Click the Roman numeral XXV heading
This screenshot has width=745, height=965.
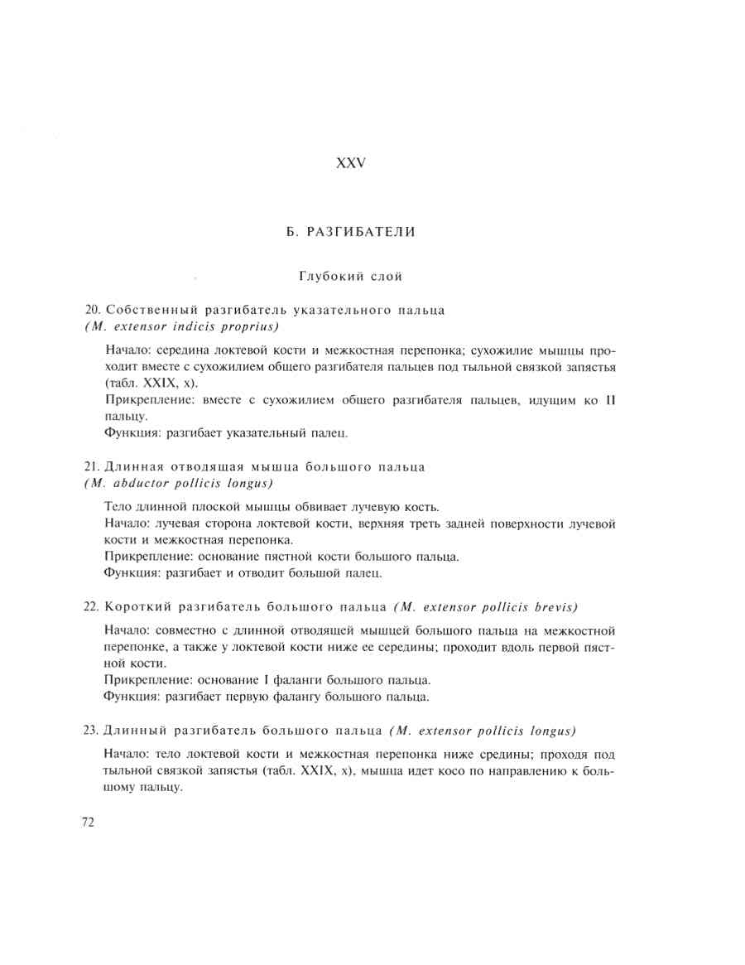pyautogui.click(x=350, y=163)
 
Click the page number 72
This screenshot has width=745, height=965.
pyautogui.click(x=89, y=822)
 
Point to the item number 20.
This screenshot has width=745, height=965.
pyautogui.click(x=92, y=310)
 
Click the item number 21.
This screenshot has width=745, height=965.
pyautogui.click(x=92, y=467)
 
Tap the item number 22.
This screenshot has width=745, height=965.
pyautogui.click(x=92, y=606)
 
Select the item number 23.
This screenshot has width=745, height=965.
pyautogui.click(x=92, y=731)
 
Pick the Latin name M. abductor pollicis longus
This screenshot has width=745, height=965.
pyautogui.click(x=180, y=483)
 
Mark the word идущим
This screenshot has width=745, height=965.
pyautogui.click(x=542, y=401)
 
